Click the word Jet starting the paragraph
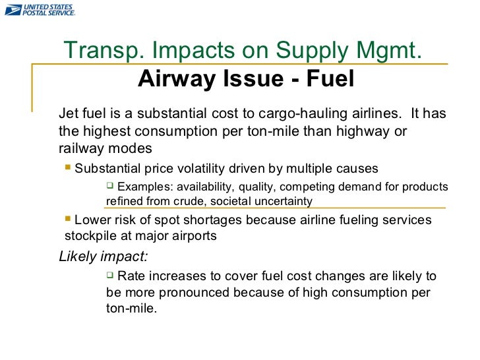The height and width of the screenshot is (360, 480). tap(69, 113)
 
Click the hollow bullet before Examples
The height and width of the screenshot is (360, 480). tap(110, 186)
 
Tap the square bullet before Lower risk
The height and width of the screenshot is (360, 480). tap(69, 219)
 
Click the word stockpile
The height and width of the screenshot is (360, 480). tap(88, 235)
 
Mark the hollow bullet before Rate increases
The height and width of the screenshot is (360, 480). tap(110, 275)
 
